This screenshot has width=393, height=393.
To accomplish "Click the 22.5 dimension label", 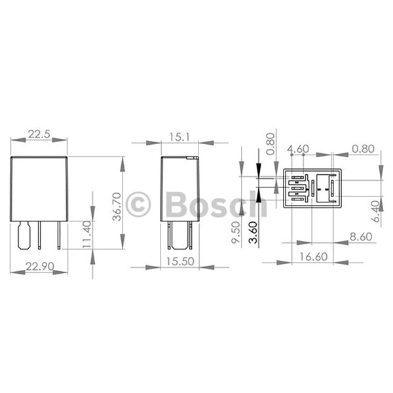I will (x=39, y=134).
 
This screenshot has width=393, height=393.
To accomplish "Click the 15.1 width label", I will (x=179, y=136).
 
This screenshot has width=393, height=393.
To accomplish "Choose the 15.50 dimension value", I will (x=180, y=261).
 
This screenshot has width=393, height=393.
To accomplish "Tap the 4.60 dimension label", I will (x=298, y=149).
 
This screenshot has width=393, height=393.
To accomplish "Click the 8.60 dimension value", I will (x=362, y=236).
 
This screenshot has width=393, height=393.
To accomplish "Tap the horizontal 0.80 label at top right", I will (x=362, y=149).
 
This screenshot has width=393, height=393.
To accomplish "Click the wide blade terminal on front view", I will (x=24, y=234).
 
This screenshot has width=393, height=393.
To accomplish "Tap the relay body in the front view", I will (x=39, y=189).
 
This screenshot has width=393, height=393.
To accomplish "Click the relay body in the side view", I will (x=179, y=189).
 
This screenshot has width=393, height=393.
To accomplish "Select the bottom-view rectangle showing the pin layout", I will (x=312, y=189).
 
